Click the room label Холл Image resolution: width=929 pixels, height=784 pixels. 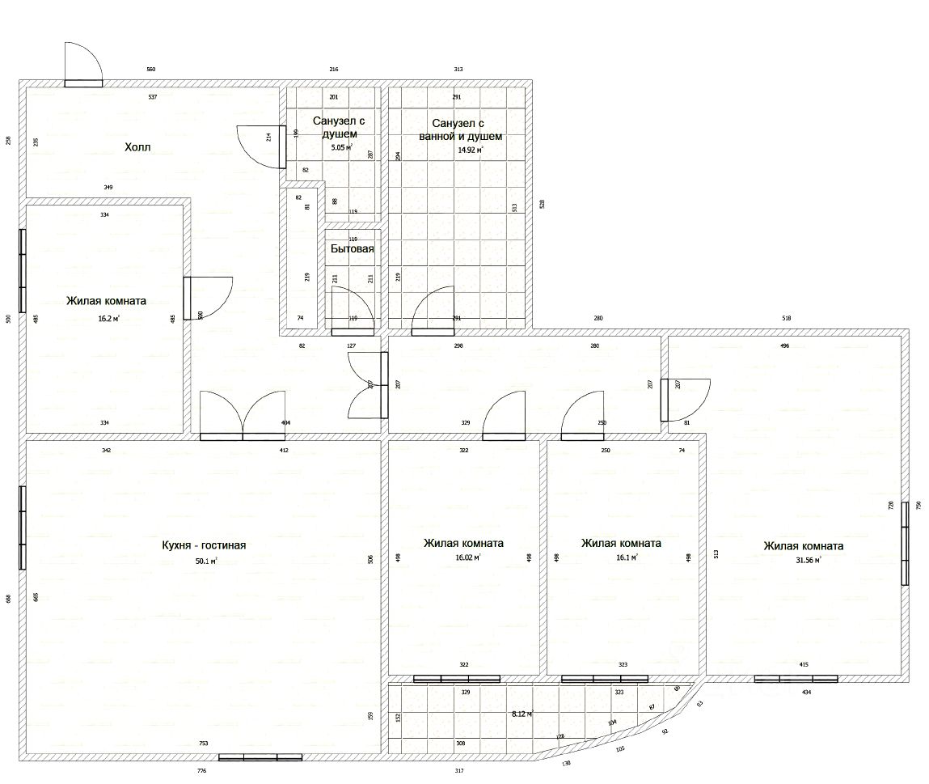pyautogui.click(x=137, y=147)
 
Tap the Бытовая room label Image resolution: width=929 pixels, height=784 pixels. pyautogui.click(x=352, y=249)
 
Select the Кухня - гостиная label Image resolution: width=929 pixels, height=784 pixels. pyautogui.click(x=204, y=545)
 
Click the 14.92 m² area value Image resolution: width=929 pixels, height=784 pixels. pyautogui.click(x=470, y=150)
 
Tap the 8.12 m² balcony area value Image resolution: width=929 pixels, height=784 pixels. pyautogui.click(x=522, y=714)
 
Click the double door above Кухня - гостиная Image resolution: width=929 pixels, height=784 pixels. pyautogui.click(x=243, y=416)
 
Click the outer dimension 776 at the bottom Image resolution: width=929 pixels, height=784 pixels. pyautogui.click(x=202, y=771)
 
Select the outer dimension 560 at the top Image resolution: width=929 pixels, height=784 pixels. pyautogui.click(x=150, y=70)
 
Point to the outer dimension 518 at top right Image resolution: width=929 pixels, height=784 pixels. pyautogui.click(x=787, y=319)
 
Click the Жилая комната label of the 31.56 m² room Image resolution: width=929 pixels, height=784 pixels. pyautogui.click(x=803, y=545)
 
